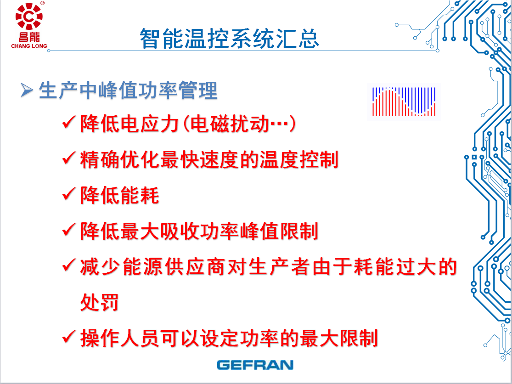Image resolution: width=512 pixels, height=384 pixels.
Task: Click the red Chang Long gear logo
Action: (29, 17)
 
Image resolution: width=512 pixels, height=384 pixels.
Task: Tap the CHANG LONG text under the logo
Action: (29, 46)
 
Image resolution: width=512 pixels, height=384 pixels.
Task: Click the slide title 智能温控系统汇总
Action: (229, 39)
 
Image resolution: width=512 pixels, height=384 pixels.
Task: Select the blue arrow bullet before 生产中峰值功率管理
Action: (27, 90)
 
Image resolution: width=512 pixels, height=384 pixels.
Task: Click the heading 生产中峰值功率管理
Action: (128, 90)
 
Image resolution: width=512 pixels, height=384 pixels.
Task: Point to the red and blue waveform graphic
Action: (404, 102)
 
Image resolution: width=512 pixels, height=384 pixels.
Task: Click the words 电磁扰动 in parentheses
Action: (230, 124)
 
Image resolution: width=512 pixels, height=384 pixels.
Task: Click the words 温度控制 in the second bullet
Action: (299, 160)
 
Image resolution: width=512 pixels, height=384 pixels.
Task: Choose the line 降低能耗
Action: (119, 196)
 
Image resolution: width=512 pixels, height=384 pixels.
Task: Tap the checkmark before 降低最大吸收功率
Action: (68, 230)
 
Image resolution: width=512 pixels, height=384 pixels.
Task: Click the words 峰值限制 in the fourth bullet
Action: (279, 231)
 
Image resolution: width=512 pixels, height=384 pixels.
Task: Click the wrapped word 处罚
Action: (99, 302)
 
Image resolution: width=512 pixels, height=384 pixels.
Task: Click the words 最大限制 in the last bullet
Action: (338, 338)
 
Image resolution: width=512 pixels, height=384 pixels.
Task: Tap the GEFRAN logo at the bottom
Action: (255, 365)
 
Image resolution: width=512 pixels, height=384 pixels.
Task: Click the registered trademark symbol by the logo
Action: (42, 3)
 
